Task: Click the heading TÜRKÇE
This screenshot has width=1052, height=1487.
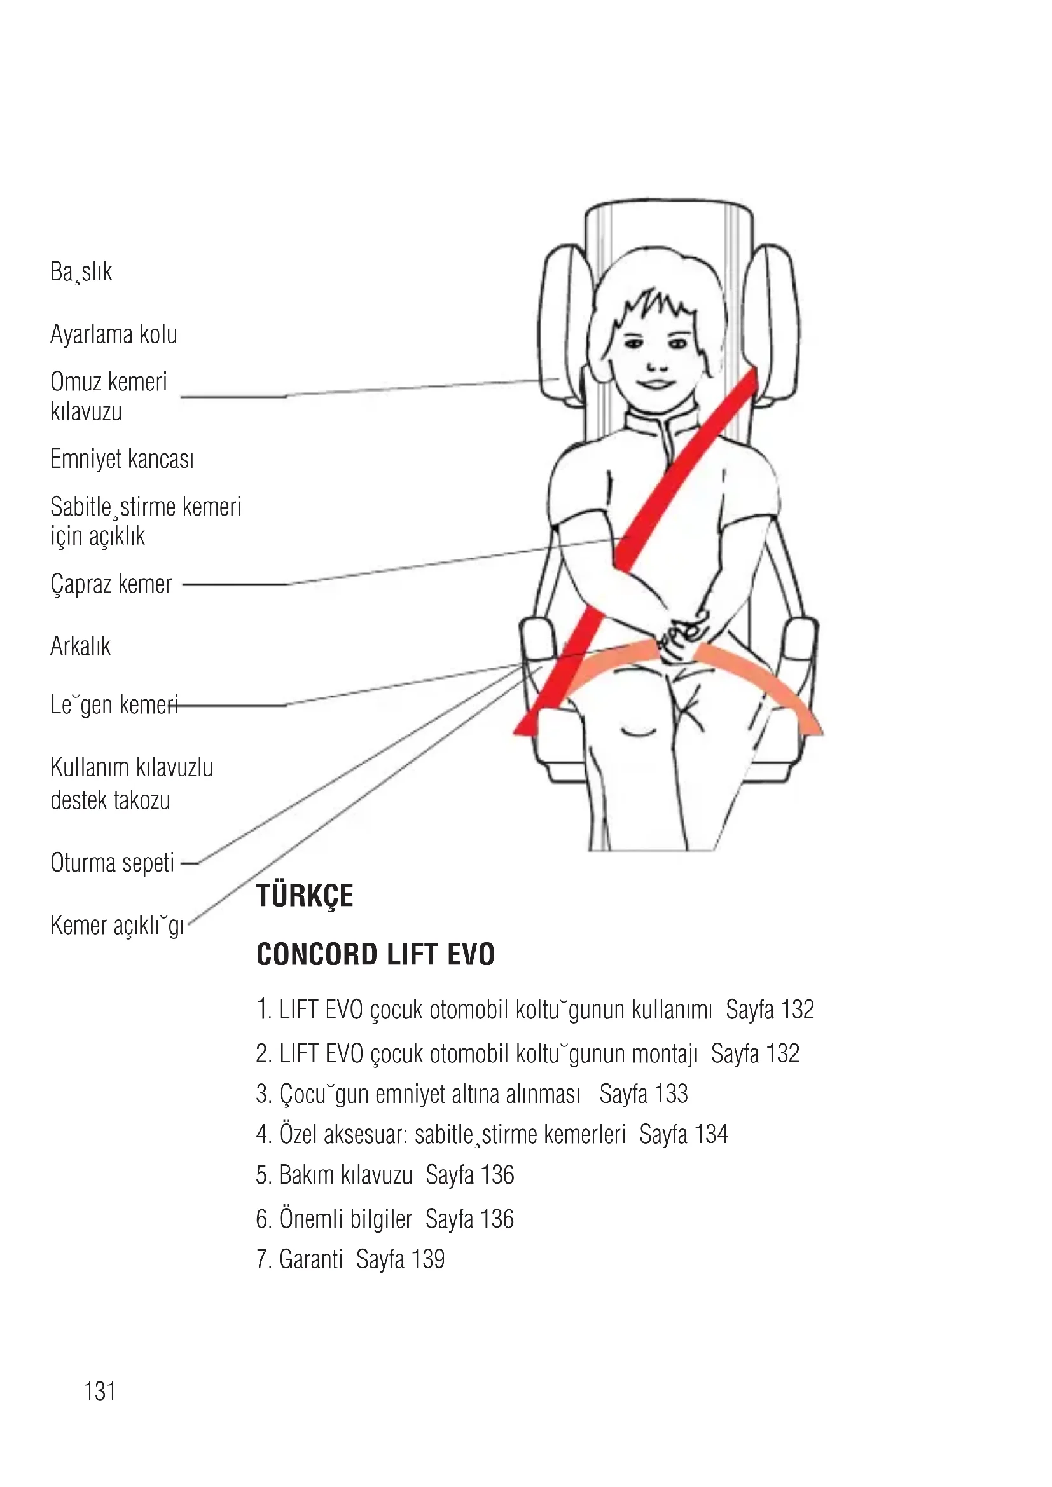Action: tap(305, 896)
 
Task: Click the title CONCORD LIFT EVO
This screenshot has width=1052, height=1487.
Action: tap(376, 955)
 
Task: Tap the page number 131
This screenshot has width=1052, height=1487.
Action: tap(100, 1391)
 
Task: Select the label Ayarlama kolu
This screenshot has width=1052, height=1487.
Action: tap(113, 335)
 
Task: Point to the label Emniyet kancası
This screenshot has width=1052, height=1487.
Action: tap(121, 459)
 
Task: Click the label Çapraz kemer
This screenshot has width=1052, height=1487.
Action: tap(111, 584)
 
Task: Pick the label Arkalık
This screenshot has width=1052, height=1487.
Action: tap(80, 647)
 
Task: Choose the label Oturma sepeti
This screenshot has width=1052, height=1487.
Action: tap(112, 863)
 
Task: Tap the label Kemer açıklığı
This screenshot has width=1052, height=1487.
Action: tap(117, 926)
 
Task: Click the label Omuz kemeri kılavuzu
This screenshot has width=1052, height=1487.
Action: tap(108, 396)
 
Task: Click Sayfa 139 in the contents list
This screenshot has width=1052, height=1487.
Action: tap(400, 1259)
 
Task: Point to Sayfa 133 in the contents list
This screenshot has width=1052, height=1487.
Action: tap(643, 1094)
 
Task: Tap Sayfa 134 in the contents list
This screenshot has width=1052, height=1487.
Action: tap(683, 1135)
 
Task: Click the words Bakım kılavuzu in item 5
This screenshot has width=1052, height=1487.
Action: tap(345, 1175)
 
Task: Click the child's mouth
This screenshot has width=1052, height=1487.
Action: tap(656, 383)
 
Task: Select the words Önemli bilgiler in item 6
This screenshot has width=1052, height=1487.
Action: tap(345, 1219)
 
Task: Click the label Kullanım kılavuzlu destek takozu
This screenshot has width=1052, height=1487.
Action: tap(132, 784)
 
